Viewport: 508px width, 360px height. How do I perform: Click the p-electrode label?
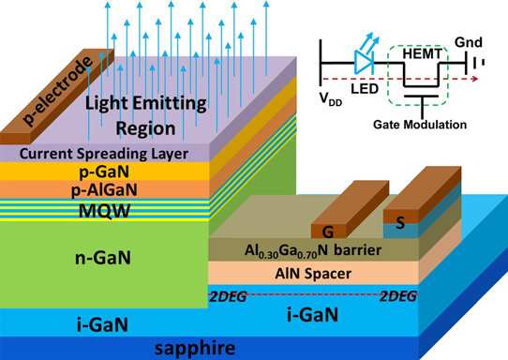(x=58, y=91)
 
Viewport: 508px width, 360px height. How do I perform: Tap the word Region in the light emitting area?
(x=146, y=128)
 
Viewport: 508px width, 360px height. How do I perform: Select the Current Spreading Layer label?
(x=104, y=154)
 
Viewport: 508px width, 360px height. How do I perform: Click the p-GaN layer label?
(x=104, y=172)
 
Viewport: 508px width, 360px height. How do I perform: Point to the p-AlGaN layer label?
(x=104, y=189)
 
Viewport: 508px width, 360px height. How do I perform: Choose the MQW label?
(x=104, y=211)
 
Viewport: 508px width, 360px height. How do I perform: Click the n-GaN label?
(x=103, y=258)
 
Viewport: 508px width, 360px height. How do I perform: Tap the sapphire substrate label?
(x=195, y=349)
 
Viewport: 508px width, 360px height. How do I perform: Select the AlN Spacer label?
(x=313, y=274)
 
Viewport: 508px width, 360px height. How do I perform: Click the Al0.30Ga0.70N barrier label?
(x=313, y=250)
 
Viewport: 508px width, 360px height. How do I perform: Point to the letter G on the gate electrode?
(x=328, y=232)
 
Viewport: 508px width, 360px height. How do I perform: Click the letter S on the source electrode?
(x=400, y=223)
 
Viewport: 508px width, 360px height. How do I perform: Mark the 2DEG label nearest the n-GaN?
(x=228, y=297)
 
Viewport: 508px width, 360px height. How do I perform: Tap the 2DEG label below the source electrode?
(x=398, y=296)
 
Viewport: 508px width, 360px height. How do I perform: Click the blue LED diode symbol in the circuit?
(x=365, y=61)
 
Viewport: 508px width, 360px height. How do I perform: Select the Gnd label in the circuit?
(x=469, y=42)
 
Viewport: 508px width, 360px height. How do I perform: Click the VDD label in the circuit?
(x=331, y=98)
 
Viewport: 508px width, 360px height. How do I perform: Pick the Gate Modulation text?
(x=420, y=125)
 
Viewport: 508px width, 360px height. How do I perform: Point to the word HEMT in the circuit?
(x=422, y=53)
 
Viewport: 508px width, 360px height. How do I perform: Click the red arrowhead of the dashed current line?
(x=475, y=79)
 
